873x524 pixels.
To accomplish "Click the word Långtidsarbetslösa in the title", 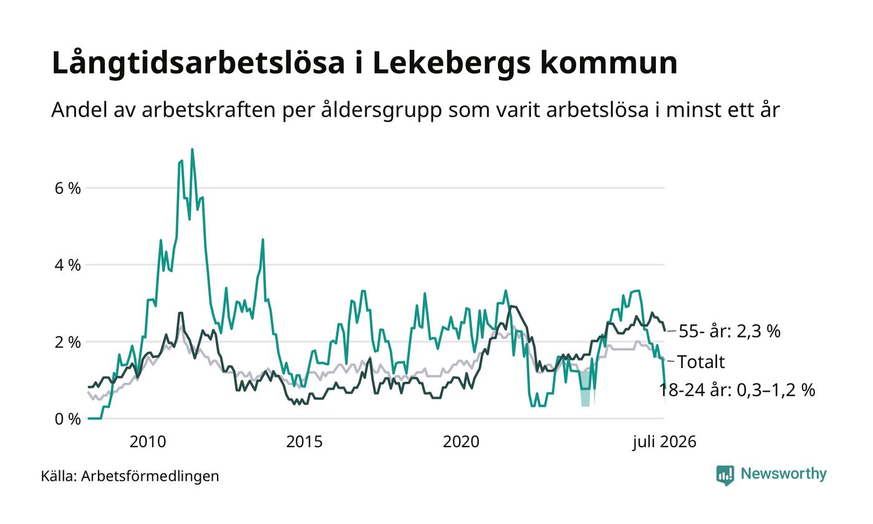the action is (x=198, y=63).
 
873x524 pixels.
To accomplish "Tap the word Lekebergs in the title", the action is (x=452, y=63).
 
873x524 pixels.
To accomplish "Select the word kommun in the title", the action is (x=609, y=63).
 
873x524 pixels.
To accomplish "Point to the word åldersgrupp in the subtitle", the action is (x=381, y=110).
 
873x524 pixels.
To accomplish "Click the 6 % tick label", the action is (x=68, y=188).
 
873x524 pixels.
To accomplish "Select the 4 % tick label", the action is (x=68, y=265).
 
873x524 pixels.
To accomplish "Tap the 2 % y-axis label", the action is (x=68, y=342).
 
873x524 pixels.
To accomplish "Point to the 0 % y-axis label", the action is (x=68, y=419).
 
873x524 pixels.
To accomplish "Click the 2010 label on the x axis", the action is (x=148, y=442).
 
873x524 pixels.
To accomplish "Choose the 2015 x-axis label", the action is (x=304, y=442).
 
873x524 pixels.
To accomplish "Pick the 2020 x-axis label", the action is (x=461, y=442).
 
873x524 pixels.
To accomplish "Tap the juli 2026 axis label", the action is (x=664, y=442).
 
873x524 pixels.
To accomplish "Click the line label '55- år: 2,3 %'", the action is (x=730, y=331).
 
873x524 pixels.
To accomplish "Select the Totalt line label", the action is (x=701, y=362).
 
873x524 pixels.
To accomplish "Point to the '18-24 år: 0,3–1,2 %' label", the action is (x=737, y=390).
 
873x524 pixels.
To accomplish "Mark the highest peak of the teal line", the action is (x=192, y=149).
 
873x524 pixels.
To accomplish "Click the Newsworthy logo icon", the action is (x=725, y=475).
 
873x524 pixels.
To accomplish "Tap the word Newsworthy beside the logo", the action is (x=783, y=473).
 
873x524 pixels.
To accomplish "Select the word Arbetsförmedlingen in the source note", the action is (x=150, y=476).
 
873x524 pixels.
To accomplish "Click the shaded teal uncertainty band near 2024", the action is (x=586, y=398).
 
